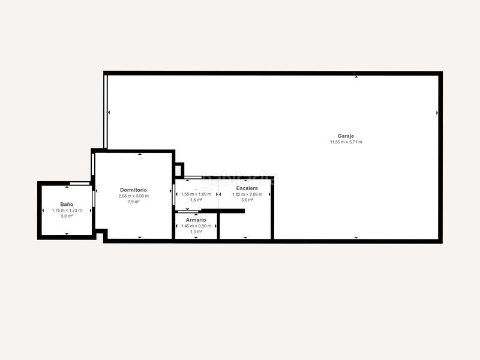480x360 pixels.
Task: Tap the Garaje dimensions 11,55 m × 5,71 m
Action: tap(346, 142)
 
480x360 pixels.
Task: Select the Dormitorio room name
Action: tap(133, 190)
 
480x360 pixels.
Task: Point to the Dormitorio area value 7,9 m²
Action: tap(133, 202)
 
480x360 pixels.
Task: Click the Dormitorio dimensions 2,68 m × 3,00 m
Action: tap(133, 196)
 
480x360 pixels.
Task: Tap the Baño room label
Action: tap(67, 204)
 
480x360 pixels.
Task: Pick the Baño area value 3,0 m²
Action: tap(67, 216)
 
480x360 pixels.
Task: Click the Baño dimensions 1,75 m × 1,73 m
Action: tap(67, 210)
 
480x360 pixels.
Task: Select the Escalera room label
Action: tap(247, 188)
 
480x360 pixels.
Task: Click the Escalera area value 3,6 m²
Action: tap(247, 200)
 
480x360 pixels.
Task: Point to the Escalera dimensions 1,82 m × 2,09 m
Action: tap(247, 194)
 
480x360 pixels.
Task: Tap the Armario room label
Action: tap(196, 220)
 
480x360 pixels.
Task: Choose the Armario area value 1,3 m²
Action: tap(196, 232)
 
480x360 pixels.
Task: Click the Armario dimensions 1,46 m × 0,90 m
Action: tap(196, 226)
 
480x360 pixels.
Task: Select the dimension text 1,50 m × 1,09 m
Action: tap(196, 194)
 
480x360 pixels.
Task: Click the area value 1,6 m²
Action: tap(196, 200)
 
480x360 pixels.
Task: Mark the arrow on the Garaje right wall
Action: tap(437, 112)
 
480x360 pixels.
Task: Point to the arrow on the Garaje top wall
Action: tap(356, 77)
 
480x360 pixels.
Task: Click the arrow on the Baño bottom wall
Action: tap(67, 233)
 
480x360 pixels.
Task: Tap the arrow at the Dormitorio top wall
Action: tap(140, 155)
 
